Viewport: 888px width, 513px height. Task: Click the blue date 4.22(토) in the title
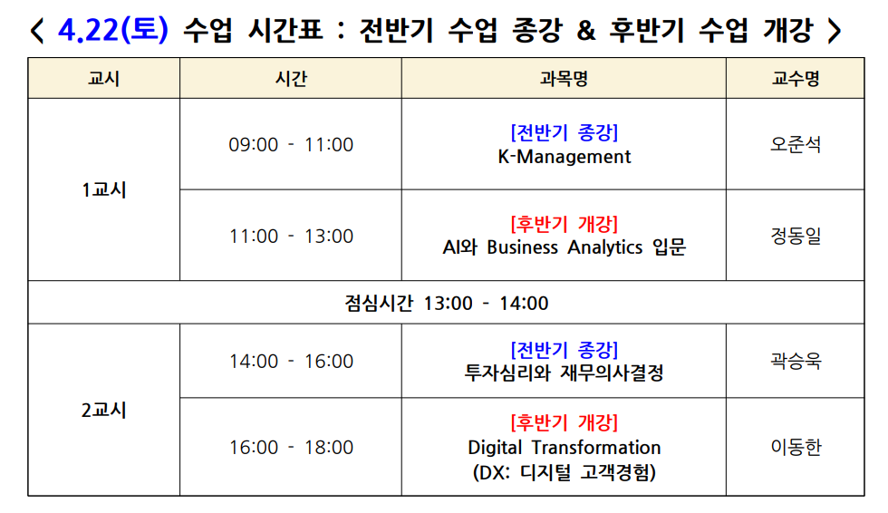[112, 29]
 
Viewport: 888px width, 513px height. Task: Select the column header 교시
[103, 78]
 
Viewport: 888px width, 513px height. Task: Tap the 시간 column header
[291, 78]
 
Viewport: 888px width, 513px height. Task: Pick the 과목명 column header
[564, 78]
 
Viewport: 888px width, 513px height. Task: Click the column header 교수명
[796, 78]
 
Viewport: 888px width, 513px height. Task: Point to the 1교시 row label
[103, 189]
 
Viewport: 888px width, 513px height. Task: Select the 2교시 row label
[103, 410]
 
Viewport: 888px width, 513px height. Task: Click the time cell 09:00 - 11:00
[291, 144]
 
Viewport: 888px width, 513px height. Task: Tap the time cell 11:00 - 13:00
[291, 236]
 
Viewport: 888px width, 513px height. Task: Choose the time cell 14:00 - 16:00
[291, 361]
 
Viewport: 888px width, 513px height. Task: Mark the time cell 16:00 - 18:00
[291, 448]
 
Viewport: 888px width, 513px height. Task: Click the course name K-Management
[564, 156]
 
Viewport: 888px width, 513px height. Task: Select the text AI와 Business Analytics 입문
[564, 247]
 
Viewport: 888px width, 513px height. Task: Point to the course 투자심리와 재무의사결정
[564, 373]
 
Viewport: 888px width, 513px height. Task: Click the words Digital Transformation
[564, 448]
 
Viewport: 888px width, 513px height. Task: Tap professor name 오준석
[796, 144]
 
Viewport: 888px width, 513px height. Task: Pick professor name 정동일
[796, 236]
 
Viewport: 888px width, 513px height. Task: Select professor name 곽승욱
[796, 361]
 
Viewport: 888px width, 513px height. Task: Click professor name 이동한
[796, 448]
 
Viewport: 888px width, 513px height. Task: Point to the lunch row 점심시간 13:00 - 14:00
[446, 303]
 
